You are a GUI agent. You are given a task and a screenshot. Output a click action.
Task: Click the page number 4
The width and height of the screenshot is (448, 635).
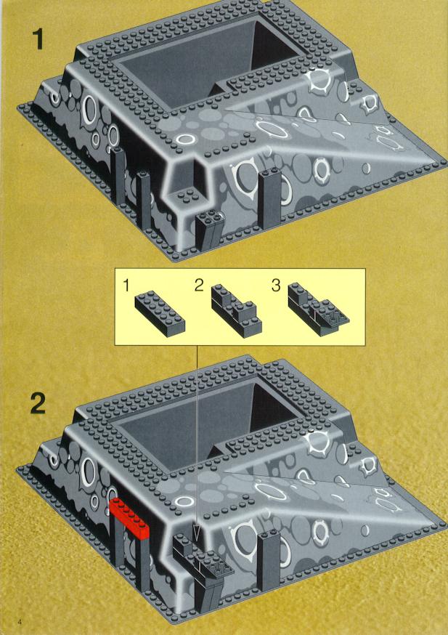point(20,620)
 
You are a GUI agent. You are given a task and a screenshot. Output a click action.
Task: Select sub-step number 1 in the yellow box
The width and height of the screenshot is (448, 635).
point(126,286)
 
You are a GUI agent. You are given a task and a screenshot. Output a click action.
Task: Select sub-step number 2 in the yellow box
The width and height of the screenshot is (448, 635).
point(199,286)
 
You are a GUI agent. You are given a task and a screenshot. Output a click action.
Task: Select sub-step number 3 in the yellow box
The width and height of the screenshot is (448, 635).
point(276,286)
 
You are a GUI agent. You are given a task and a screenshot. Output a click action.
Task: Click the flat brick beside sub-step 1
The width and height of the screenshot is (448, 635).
point(160,315)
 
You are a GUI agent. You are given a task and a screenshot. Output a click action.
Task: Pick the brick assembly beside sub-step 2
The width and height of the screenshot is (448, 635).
point(236,310)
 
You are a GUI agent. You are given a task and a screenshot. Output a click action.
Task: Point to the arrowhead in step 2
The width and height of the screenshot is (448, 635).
point(197,535)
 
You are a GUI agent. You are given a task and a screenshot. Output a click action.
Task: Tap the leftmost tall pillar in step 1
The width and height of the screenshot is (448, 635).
point(118,176)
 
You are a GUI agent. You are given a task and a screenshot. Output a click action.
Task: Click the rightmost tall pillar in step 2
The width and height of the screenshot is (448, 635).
point(269,562)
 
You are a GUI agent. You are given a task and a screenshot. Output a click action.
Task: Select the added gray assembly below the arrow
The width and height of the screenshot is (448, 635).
point(203,571)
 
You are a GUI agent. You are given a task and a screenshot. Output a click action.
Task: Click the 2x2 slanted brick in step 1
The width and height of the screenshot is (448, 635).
point(209,230)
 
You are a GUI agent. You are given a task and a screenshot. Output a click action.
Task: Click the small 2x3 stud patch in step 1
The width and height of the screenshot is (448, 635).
point(187,197)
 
